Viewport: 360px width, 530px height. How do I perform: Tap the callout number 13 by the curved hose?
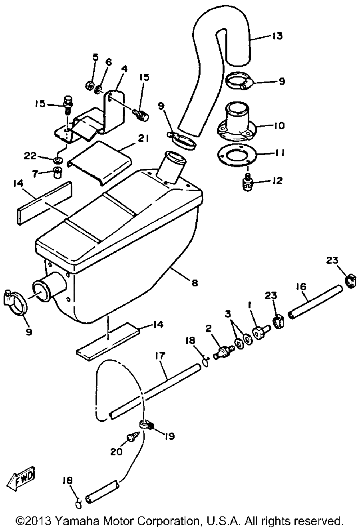(x=277, y=36)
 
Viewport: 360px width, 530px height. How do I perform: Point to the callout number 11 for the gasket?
(x=279, y=153)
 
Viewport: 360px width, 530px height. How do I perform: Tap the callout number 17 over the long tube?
(x=160, y=356)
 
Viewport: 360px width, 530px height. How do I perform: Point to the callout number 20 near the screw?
(x=116, y=451)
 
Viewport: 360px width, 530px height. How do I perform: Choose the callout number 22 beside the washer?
(x=30, y=156)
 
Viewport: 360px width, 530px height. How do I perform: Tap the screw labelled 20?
(x=132, y=438)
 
